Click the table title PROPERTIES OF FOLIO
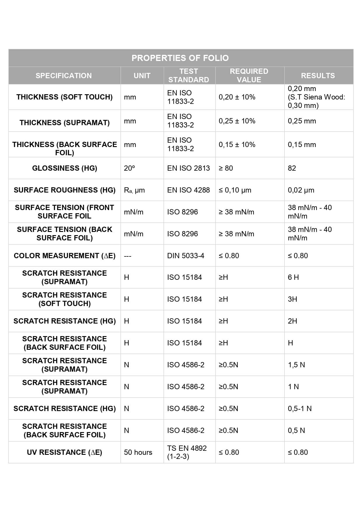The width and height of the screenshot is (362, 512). [180, 58]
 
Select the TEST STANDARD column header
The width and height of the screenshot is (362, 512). [189, 76]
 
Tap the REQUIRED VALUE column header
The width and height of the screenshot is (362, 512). [249, 76]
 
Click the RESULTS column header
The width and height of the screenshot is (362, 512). [318, 76]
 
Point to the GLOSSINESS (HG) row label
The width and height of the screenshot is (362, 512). [64, 168]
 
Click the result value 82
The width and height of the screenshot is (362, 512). [292, 168]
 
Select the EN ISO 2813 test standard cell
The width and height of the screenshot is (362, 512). [188, 168]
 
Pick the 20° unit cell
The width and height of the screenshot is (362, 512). [130, 168]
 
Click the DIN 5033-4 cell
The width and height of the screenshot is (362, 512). [186, 256]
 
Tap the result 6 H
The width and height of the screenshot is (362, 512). [293, 277]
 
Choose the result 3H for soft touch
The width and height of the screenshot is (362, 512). [292, 299]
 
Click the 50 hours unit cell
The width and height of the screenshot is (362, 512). [138, 452]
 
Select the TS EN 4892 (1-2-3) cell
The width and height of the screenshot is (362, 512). [187, 452]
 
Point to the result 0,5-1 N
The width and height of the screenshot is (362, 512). [300, 408]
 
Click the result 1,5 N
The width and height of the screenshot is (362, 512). [296, 365]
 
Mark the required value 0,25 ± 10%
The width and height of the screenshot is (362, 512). [237, 121]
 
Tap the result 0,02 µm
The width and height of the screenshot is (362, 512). [301, 190]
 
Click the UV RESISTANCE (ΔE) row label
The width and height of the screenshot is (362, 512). [64, 452]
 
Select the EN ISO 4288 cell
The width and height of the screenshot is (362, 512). [188, 190]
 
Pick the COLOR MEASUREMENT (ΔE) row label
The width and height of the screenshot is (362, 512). [64, 256]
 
